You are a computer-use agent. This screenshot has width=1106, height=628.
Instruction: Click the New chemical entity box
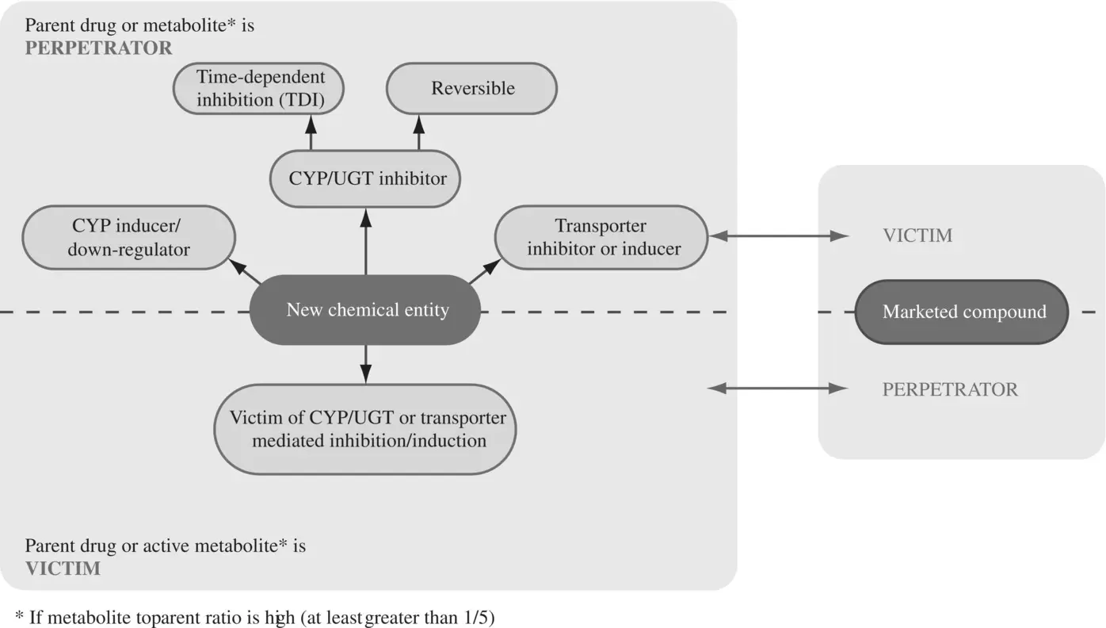[365, 309]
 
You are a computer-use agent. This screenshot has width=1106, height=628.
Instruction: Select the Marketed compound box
[963, 312]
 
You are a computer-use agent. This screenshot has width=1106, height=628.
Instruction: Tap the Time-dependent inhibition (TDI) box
[260, 88]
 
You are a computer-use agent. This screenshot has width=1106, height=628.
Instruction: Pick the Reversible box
[472, 88]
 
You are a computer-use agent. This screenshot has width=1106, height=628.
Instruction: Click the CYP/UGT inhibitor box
[366, 178]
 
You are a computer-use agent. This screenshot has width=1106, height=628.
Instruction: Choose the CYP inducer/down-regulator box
[128, 237]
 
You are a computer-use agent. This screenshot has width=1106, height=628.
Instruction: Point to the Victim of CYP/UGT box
[365, 429]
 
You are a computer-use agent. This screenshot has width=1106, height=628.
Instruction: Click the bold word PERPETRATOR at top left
[98, 48]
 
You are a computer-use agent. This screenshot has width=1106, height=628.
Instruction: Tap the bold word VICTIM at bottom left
[63, 569]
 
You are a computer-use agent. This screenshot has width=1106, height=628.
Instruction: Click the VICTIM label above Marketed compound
[917, 235]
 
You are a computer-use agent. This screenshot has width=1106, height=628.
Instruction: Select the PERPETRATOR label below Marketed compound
[950, 389]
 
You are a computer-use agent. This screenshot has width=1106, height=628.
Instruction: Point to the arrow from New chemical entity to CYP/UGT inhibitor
[365, 242]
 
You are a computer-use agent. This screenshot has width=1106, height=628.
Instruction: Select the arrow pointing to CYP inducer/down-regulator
[248, 272]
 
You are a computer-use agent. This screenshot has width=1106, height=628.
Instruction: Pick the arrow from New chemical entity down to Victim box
[365, 363]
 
